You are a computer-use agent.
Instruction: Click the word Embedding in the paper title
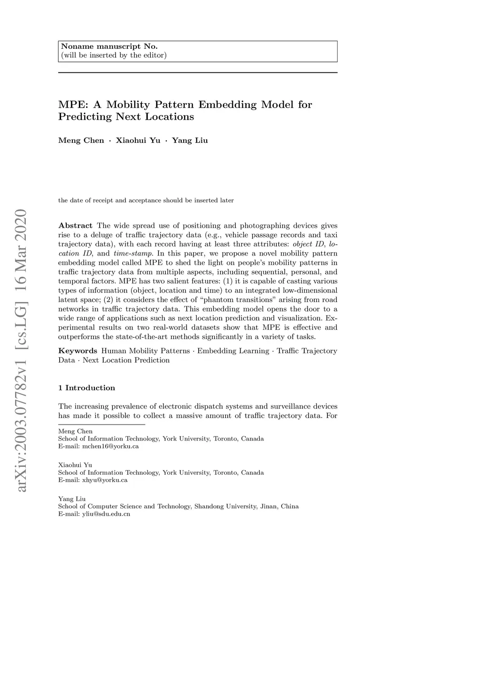click(x=228, y=104)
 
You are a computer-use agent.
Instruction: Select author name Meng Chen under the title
click(x=81, y=140)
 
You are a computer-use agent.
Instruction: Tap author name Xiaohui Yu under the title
click(x=138, y=140)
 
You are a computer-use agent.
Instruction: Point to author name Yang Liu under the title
click(x=190, y=140)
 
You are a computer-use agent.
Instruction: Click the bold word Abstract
click(x=75, y=226)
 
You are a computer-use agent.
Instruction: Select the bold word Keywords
click(x=78, y=351)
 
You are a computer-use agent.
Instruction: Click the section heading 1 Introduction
click(x=86, y=388)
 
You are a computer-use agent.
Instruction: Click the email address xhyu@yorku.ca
click(x=105, y=480)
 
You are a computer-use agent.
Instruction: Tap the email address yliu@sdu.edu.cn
click(x=106, y=514)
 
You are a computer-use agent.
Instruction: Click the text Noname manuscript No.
click(x=109, y=46)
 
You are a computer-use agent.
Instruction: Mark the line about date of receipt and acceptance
click(x=146, y=201)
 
